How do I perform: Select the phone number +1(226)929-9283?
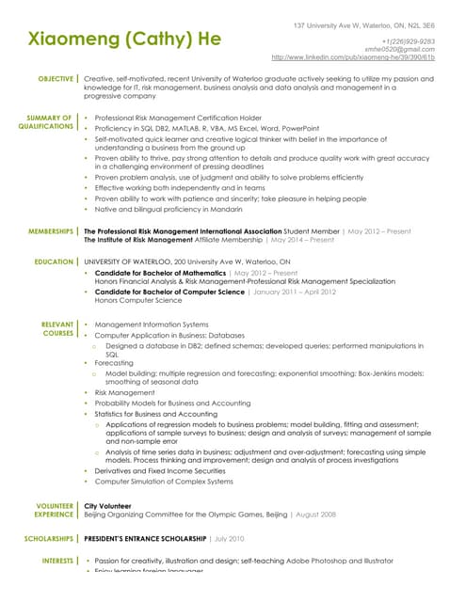click(407, 41)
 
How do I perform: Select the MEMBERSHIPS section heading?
click(52, 230)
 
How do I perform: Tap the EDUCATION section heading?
click(54, 262)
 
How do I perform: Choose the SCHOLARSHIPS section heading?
click(48, 539)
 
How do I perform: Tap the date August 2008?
click(314, 515)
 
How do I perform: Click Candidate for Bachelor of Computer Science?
click(169, 292)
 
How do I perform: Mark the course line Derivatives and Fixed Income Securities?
click(162, 470)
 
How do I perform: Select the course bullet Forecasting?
click(114, 362)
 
